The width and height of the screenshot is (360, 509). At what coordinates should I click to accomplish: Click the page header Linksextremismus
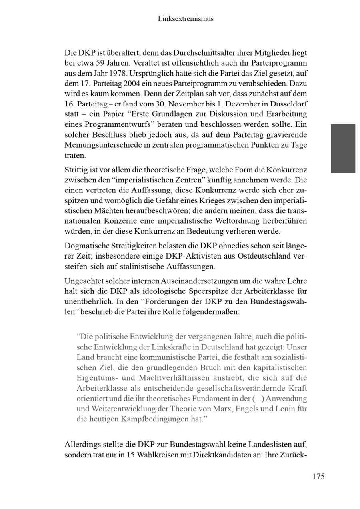click(x=186, y=19)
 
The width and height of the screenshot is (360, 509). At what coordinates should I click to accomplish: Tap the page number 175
click(x=318, y=476)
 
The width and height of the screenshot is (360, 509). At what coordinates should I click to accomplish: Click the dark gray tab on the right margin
click(x=343, y=148)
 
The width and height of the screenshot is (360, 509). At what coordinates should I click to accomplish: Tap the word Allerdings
click(x=82, y=445)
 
